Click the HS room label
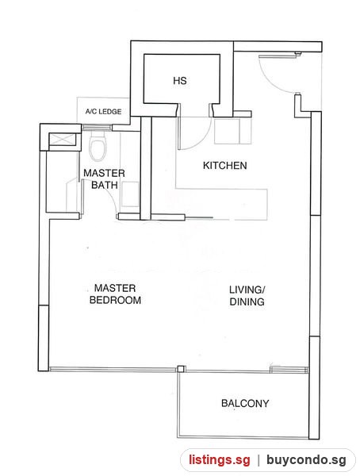(x=180, y=81)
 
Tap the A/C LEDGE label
(x=103, y=112)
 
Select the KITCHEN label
(x=224, y=166)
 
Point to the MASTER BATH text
(x=104, y=179)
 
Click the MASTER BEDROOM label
(x=115, y=294)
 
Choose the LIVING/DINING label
(x=247, y=295)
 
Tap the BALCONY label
(x=245, y=404)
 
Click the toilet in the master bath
(x=98, y=149)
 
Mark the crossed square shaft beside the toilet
(x=62, y=139)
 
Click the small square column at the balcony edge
(x=181, y=369)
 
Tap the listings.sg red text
(x=220, y=459)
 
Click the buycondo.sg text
(x=306, y=460)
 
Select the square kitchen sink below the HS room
(x=227, y=131)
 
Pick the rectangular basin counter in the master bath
(x=130, y=194)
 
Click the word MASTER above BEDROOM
(x=115, y=288)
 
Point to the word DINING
(x=247, y=301)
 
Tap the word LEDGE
(x=110, y=112)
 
